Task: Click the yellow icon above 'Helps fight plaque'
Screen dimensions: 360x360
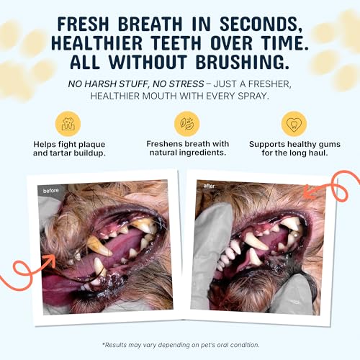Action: click(x=70, y=123)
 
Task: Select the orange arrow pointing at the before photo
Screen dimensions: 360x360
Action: click(x=32, y=270)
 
